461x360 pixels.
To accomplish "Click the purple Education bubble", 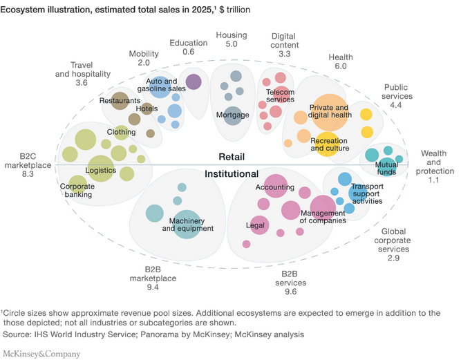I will pos(194,82).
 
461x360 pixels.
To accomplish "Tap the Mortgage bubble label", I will pos(232,115).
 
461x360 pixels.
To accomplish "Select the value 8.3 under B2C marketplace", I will pos(28,175).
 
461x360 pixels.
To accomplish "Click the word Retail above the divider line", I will pos(233,157).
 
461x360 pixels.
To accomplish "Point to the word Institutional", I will pos(231,174).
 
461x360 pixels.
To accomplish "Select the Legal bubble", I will pos(257,225).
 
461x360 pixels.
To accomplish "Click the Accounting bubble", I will pos(275,187).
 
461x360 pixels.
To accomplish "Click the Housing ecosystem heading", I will pos(231,35).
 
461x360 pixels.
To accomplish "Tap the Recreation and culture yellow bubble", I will pos(326,144).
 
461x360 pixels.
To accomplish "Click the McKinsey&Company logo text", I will pos(41,354).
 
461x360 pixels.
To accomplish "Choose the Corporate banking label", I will pos(77,190).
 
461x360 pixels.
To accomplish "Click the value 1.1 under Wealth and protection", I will pos(433,180).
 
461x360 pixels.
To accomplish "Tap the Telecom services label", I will pos(281,95).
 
